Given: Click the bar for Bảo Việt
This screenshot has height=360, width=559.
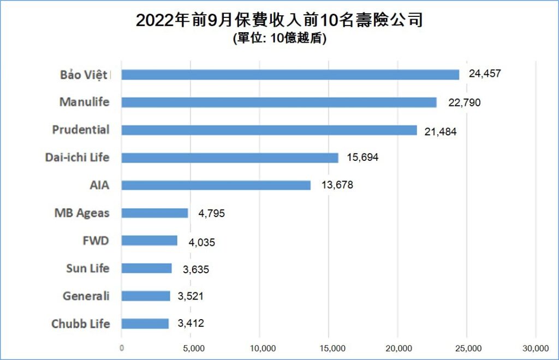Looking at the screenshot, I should (x=290, y=75).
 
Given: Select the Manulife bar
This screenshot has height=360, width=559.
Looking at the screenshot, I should (x=278, y=102).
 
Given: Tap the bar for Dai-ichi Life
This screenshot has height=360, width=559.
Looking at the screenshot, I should (x=229, y=158).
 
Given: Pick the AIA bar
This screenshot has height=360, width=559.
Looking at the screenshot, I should (x=216, y=185).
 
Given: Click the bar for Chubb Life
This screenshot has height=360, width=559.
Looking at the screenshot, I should (x=145, y=323).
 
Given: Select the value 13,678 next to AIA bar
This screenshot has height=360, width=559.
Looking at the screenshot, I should (x=337, y=185).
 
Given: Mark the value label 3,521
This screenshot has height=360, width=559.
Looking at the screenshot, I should (x=193, y=297).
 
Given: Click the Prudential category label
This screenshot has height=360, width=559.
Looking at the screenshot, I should (x=81, y=130).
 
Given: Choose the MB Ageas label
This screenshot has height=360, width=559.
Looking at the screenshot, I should (x=81, y=213).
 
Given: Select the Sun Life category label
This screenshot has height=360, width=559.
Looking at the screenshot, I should (x=87, y=268).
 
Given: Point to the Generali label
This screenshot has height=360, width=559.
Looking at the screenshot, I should (x=86, y=296).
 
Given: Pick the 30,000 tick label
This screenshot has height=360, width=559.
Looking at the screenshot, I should (x=536, y=348).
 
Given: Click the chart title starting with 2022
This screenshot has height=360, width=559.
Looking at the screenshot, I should (x=279, y=21).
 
